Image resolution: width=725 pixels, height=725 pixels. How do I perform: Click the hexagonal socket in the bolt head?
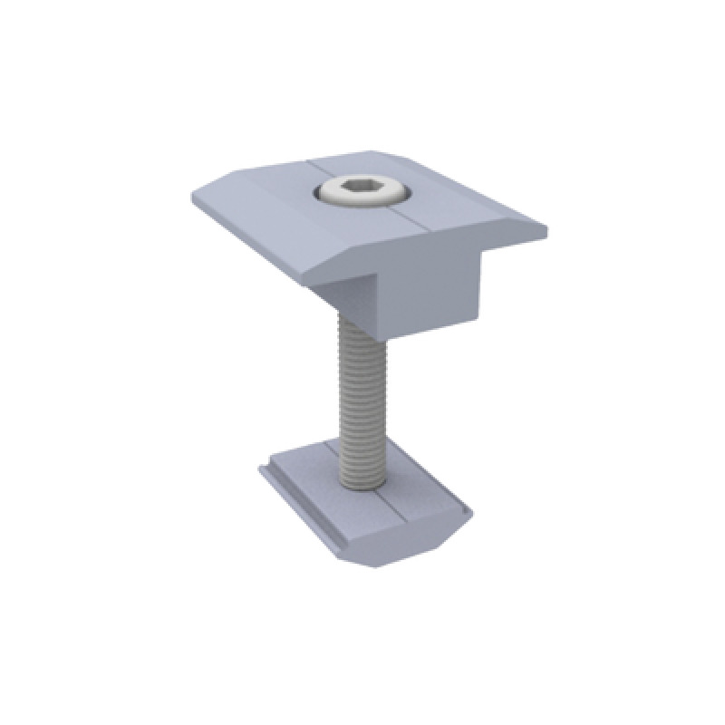click(x=362, y=189)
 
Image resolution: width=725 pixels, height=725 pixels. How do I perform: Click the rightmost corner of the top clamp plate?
click(x=547, y=230)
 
